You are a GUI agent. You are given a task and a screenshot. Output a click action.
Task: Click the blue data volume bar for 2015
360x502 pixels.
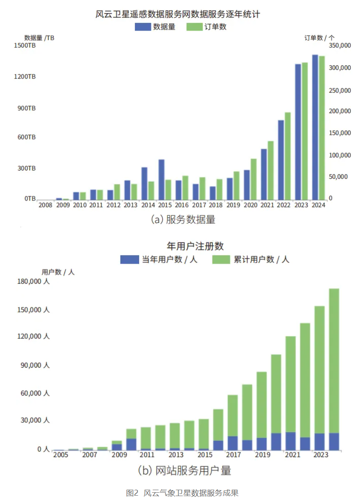(x=162, y=179)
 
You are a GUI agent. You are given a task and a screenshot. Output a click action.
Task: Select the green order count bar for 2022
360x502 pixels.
(x=287, y=156)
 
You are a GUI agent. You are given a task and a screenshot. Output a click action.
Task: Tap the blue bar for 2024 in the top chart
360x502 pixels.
(x=315, y=127)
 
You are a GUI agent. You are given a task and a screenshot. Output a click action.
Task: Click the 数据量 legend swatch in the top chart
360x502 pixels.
(x=142, y=27)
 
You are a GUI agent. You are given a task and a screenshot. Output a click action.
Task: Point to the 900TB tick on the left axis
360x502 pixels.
(x=27, y=108)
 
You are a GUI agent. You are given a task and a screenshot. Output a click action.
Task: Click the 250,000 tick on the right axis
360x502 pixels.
(x=340, y=90)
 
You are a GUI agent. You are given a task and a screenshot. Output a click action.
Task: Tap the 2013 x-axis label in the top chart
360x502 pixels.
(x=130, y=205)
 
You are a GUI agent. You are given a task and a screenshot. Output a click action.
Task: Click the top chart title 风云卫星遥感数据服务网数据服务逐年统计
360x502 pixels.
(x=177, y=14)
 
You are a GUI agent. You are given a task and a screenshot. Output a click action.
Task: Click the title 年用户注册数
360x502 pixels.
(x=195, y=246)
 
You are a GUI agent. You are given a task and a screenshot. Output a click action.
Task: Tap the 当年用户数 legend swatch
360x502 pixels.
(x=129, y=259)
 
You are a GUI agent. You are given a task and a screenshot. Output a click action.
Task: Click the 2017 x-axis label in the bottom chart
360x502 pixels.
(x=234, y=455)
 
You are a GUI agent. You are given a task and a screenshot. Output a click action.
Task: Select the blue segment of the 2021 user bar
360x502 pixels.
(x=290, y=441)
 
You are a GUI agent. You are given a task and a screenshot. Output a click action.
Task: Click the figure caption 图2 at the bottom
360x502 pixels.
(x=132, y=493)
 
